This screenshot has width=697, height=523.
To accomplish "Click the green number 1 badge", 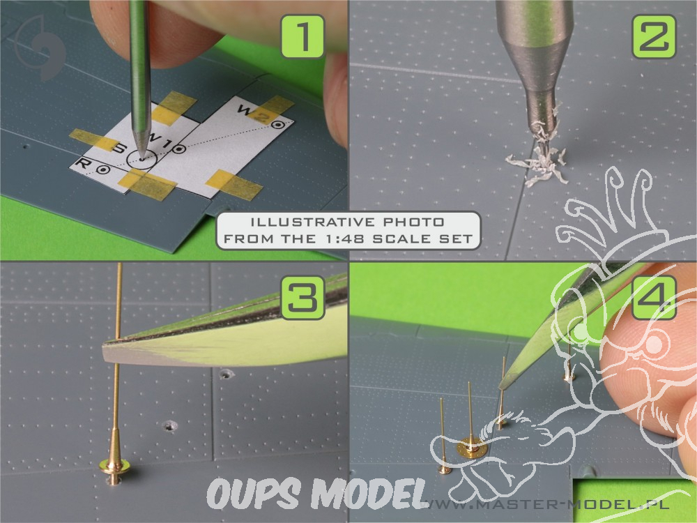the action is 302,36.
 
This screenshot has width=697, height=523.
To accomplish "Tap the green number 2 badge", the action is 654,36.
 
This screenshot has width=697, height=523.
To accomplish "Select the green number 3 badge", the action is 303,298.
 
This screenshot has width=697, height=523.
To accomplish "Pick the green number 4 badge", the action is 654,298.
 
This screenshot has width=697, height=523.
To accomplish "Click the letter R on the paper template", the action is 83,163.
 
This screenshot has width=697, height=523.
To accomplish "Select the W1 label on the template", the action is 158,141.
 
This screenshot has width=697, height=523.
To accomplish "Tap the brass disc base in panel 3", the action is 114,467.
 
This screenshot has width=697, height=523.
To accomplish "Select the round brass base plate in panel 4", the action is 472,448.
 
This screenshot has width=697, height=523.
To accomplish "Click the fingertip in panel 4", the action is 647,351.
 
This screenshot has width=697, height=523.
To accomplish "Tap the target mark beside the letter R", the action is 103,169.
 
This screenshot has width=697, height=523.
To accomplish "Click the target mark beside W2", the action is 278,125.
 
